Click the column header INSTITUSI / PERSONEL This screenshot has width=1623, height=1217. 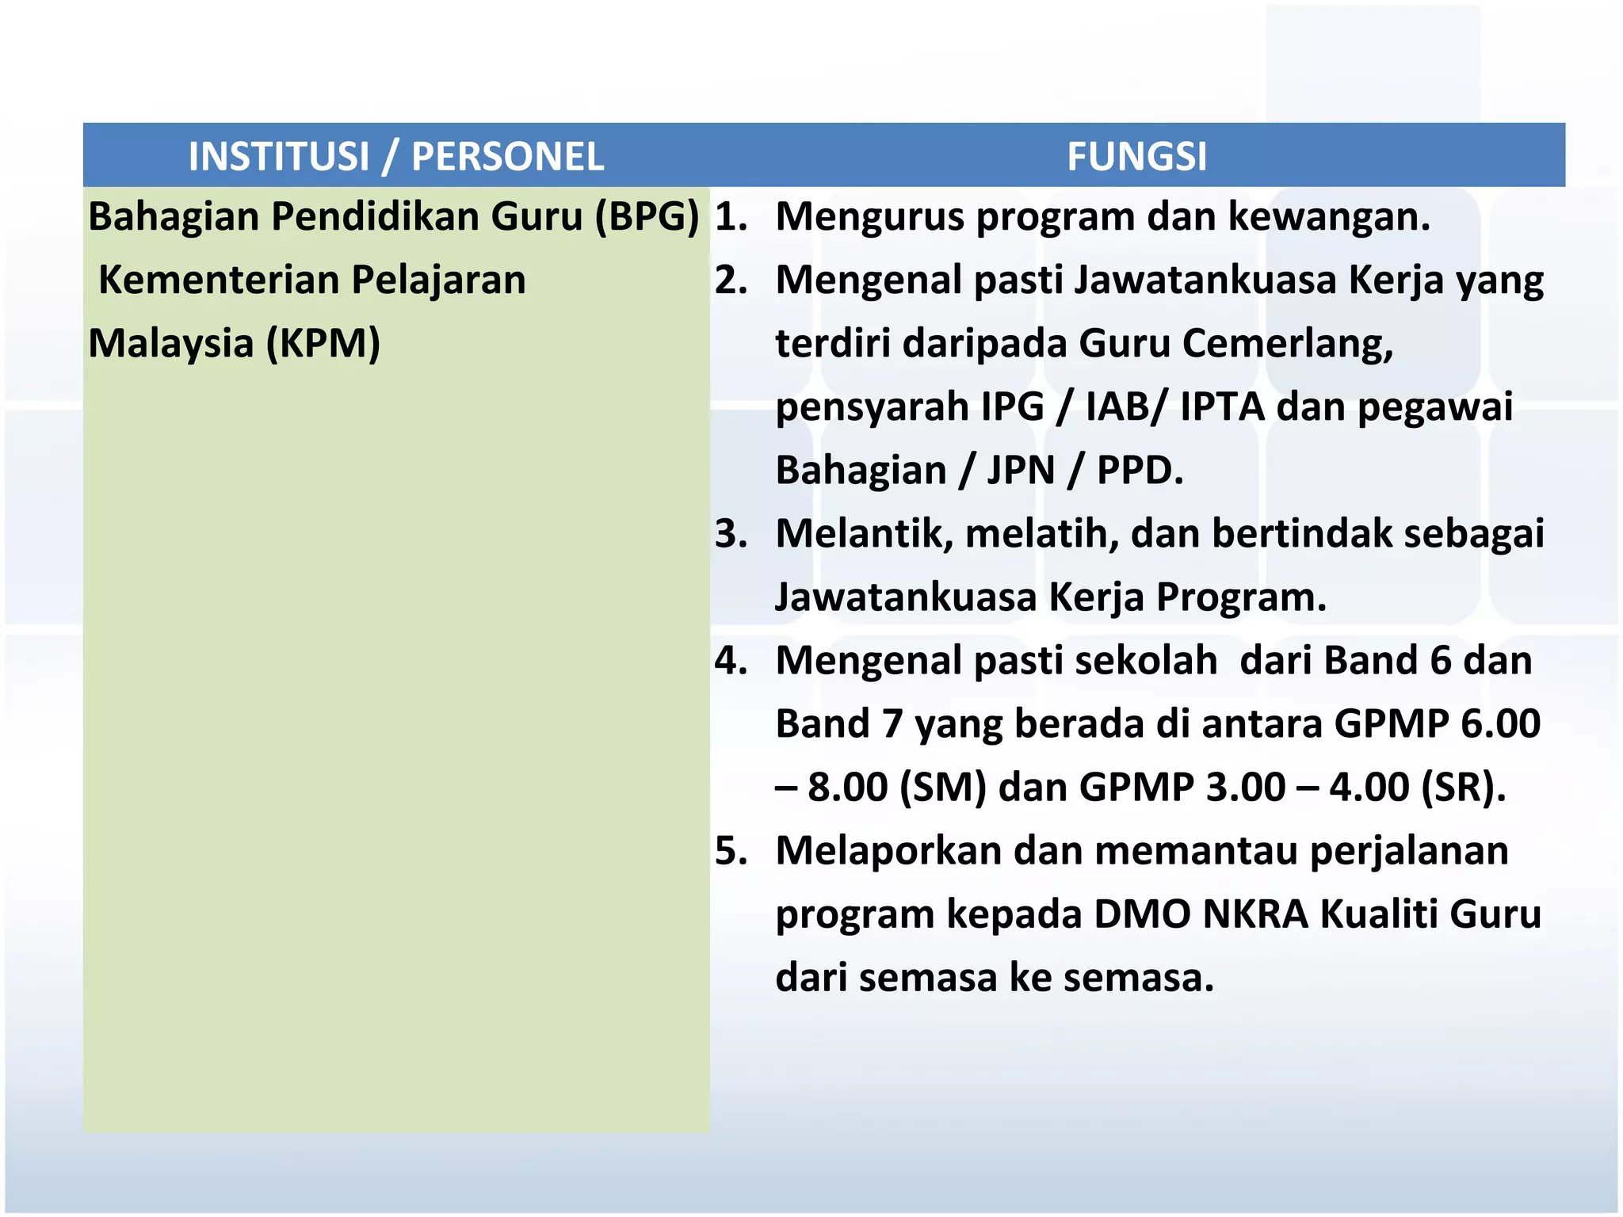(x=396, y=156)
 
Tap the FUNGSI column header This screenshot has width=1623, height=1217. (x=1136, y=156)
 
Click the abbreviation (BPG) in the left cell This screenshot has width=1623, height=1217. (x=647, y=216)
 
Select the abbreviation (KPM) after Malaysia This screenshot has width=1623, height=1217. (x=323, y=344)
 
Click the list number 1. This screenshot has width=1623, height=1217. (x=730, y=217)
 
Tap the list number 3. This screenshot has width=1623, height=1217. (x=730, y=534)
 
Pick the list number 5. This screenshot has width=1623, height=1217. (x=730, y=851)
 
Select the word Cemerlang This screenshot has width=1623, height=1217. (x=1287, y=344)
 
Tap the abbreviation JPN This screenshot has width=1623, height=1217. (x=1021, y=471)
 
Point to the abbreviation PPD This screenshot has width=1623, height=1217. (x=1139, y=471)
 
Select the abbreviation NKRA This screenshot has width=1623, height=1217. (x=1255, y=914)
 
